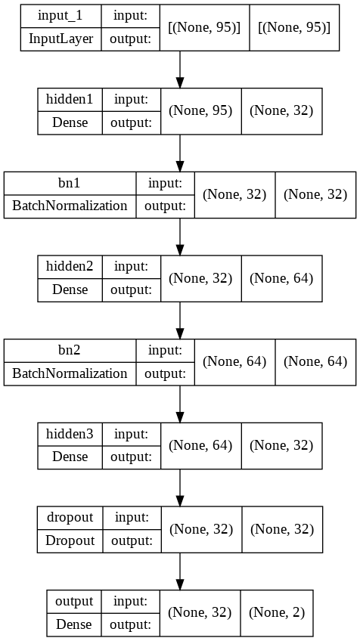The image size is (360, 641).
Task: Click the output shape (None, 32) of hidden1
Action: click(x=281, y=110)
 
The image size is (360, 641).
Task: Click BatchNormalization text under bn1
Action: click(x=70, y=205)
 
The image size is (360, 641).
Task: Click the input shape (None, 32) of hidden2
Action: click(x=200, y=278)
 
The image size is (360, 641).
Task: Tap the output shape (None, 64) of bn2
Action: click(x=315, y=361)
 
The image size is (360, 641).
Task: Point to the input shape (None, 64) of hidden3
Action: click(x=200, y=445)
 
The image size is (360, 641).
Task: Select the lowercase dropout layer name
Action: click(x=70, y=518)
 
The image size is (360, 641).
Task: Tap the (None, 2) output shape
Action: click(x=277, y=612)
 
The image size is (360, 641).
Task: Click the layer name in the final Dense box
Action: click(x=74, y=602)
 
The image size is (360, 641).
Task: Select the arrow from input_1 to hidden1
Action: click(x=180, y=70)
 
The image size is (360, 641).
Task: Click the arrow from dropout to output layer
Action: click(x=180, y=572)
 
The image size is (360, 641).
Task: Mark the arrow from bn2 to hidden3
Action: click(x=180, y=405)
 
